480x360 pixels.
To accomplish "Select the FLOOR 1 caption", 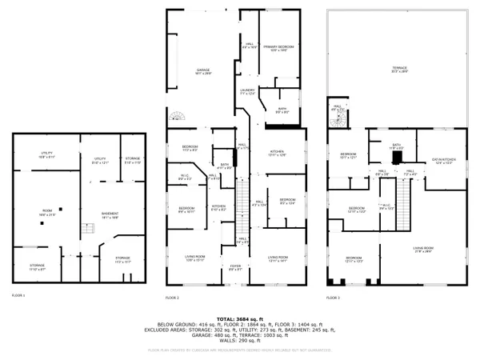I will pos(18,295).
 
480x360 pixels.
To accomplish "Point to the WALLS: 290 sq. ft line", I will pos(239,342).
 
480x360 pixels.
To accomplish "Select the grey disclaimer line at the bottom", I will pos(239,350).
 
